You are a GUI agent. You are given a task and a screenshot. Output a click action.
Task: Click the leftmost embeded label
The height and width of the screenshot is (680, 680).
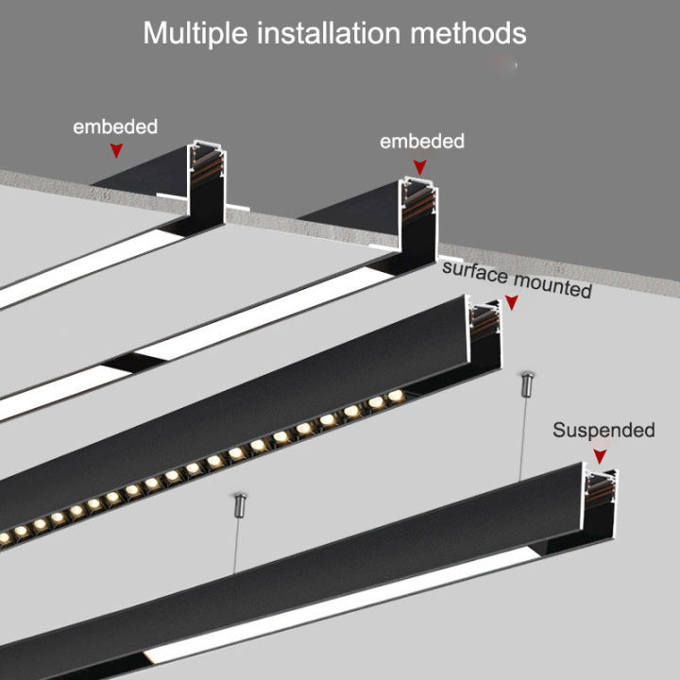[x=115, y=127]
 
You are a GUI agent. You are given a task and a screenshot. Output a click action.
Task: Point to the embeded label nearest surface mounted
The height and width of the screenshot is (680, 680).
[x=422, y=142]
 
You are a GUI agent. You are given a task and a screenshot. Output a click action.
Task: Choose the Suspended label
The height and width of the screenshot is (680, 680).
[x=603, y=431]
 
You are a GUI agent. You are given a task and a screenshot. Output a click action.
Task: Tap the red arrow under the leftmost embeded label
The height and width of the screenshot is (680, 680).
[x=116, y=149]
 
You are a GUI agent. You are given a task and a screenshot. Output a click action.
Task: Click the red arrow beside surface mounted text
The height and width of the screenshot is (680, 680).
[x=511, y=302]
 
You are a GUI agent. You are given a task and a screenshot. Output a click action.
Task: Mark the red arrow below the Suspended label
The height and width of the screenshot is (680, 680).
[x=598, y=456]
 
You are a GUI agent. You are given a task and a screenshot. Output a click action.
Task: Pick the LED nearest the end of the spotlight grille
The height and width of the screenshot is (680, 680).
[x=395, y=395]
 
